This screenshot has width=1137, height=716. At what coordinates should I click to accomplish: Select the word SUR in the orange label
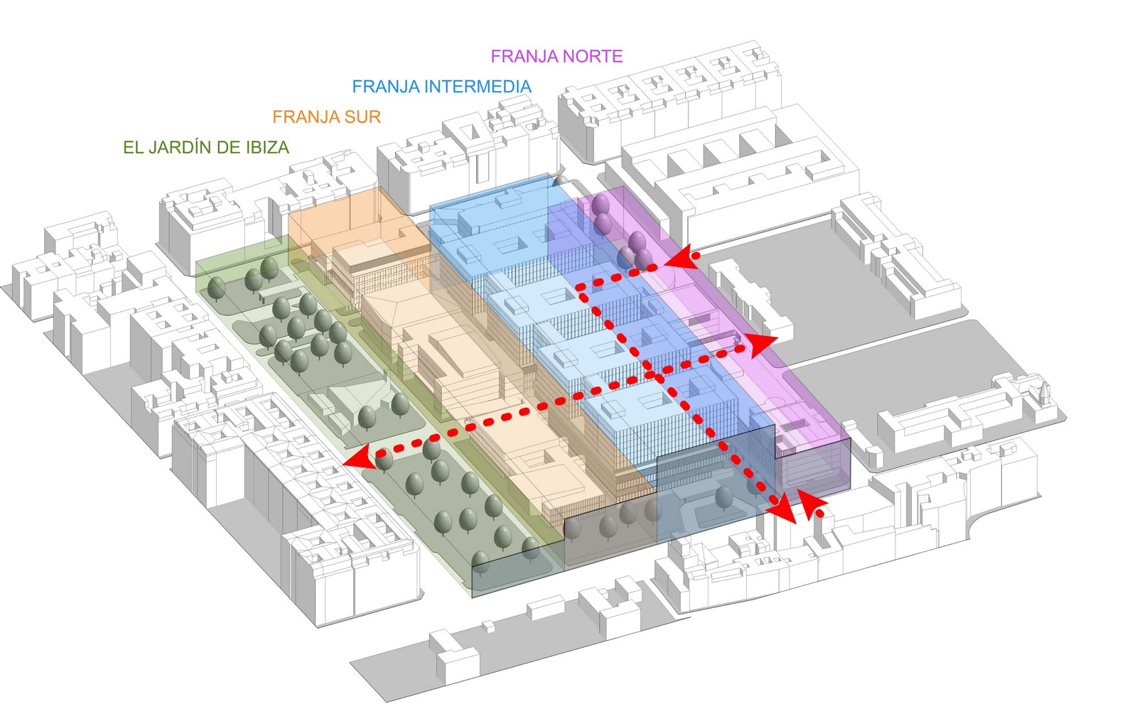[x=362, y=117]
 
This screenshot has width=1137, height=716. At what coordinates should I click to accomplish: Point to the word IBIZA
[x=267, y=148]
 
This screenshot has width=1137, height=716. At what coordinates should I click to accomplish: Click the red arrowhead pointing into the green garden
[x=360, y=458]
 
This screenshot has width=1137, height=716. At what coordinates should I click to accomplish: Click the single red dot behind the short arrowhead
[x=820, y=514]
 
